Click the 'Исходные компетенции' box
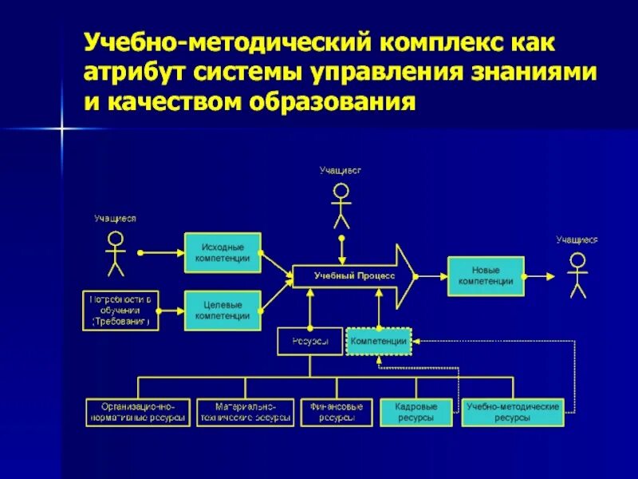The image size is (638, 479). click(x=223, y=252)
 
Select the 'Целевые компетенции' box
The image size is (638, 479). click(x=223, y=310)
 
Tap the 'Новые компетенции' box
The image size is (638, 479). click(x=486, y=276)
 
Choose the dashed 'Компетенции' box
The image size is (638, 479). click(x=379, y=341)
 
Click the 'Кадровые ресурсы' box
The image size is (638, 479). click(x=415, y=412)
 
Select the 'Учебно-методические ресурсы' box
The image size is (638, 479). click(x=513, y=412)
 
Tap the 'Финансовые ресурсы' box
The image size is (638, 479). click(x=337, y=412)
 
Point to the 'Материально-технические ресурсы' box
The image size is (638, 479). click(x=246, y=412)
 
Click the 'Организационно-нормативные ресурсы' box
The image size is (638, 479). click(x=138, y=412)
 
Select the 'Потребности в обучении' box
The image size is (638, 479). click(x=121, y=310)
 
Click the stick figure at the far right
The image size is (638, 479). click(x=577, y=275)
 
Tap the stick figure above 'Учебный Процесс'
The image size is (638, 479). click(x=341, y=206)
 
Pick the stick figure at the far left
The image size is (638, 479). click(x=116, y=253)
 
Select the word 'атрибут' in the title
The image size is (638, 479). click(x=132, y=72)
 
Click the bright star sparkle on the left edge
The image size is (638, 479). click(x=60, y=128)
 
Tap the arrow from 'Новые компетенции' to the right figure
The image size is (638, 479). click(x=542, y=276)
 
